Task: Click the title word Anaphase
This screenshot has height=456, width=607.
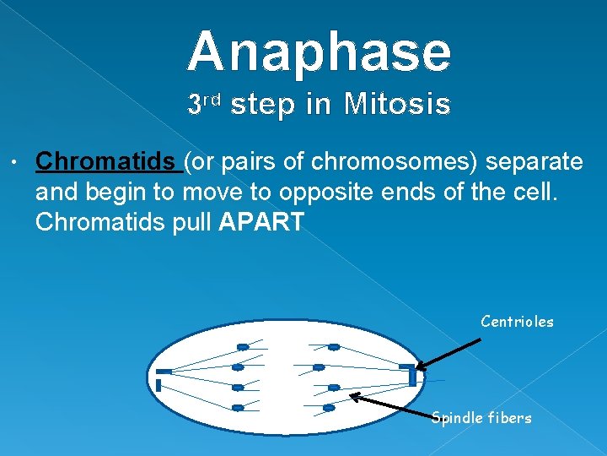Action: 320,52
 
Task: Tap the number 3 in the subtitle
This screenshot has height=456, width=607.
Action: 194,106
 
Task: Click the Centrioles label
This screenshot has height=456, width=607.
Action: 517,322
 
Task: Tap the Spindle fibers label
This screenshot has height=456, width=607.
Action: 481,418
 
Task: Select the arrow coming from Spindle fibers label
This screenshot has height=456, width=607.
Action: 389,405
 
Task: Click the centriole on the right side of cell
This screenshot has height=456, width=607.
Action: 410,374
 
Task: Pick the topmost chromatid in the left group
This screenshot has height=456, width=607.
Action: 242,346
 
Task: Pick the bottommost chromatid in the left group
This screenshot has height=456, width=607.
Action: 238,408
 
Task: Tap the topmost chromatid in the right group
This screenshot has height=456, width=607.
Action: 334,346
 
